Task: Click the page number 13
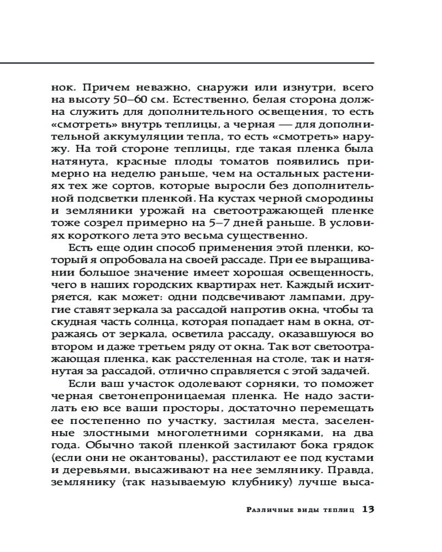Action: tap(368, 509)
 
